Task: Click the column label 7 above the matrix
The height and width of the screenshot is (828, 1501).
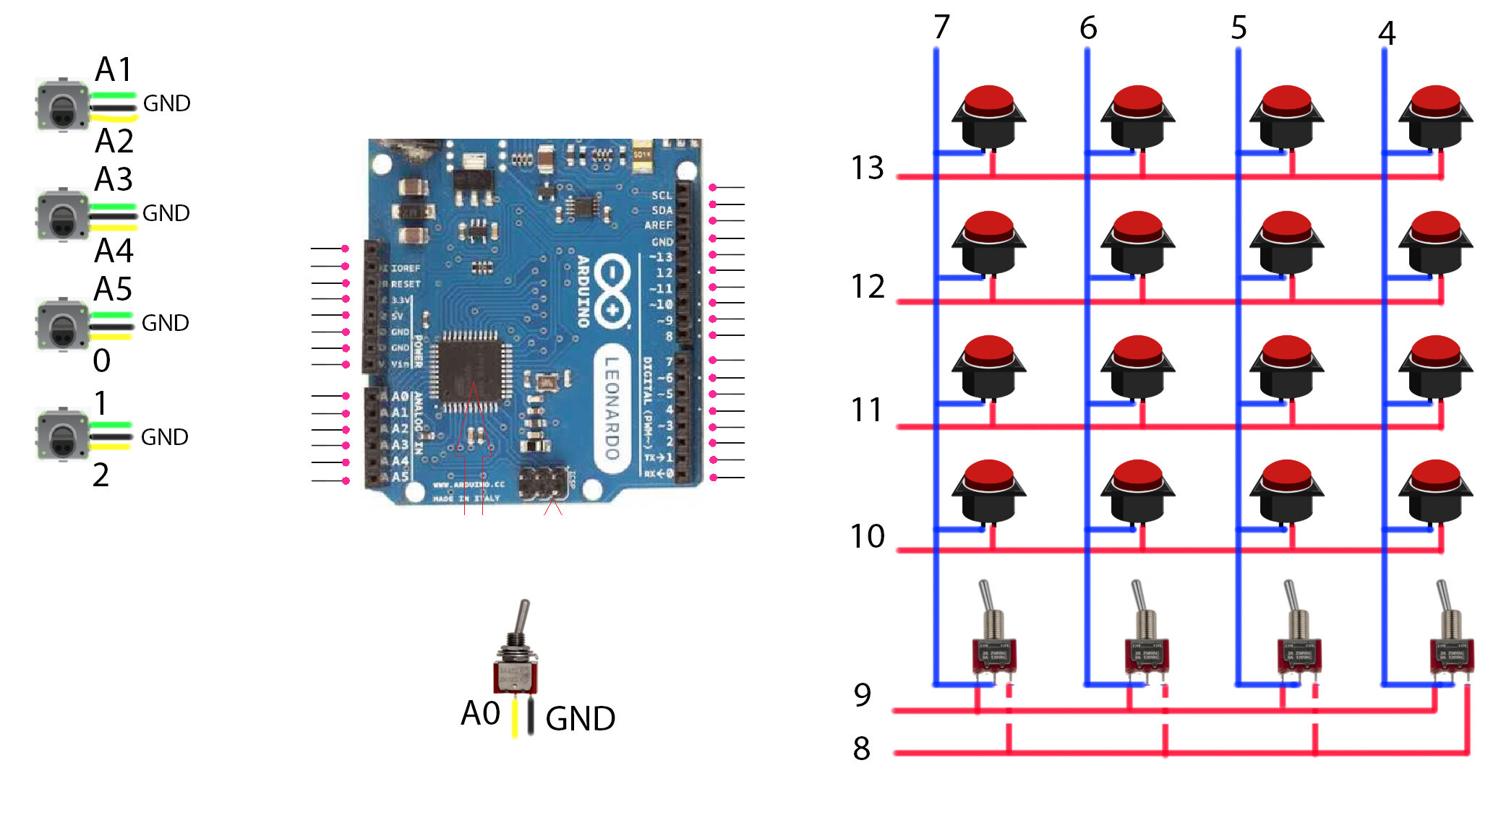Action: click(x=941, y=27)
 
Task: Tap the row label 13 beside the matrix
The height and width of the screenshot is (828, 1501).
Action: click(x=867, y=168)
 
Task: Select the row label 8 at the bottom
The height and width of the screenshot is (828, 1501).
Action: click(x=861, y=749)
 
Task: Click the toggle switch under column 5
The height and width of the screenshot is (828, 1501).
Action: click(x=1298, y=636)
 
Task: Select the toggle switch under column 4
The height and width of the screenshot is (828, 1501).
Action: click(x=1450, y=636)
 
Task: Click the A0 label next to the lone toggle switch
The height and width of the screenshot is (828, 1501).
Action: click(x=481, y=713)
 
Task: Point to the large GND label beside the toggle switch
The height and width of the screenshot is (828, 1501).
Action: click(x=580, y=719)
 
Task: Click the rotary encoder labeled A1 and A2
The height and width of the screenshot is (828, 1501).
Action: click(x=63, y=106)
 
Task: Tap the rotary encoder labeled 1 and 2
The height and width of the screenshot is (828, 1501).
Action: click(x=63, y=434)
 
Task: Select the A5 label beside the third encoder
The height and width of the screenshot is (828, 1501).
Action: click(x=114, y=289)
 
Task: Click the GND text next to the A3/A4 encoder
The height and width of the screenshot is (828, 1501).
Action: click(x=166, y=213)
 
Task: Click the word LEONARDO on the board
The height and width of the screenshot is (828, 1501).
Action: click(x=612, y=409)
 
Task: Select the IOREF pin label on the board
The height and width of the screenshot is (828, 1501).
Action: click(x=404, y=268)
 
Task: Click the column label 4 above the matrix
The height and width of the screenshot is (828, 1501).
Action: click(x=1386, y=33)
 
